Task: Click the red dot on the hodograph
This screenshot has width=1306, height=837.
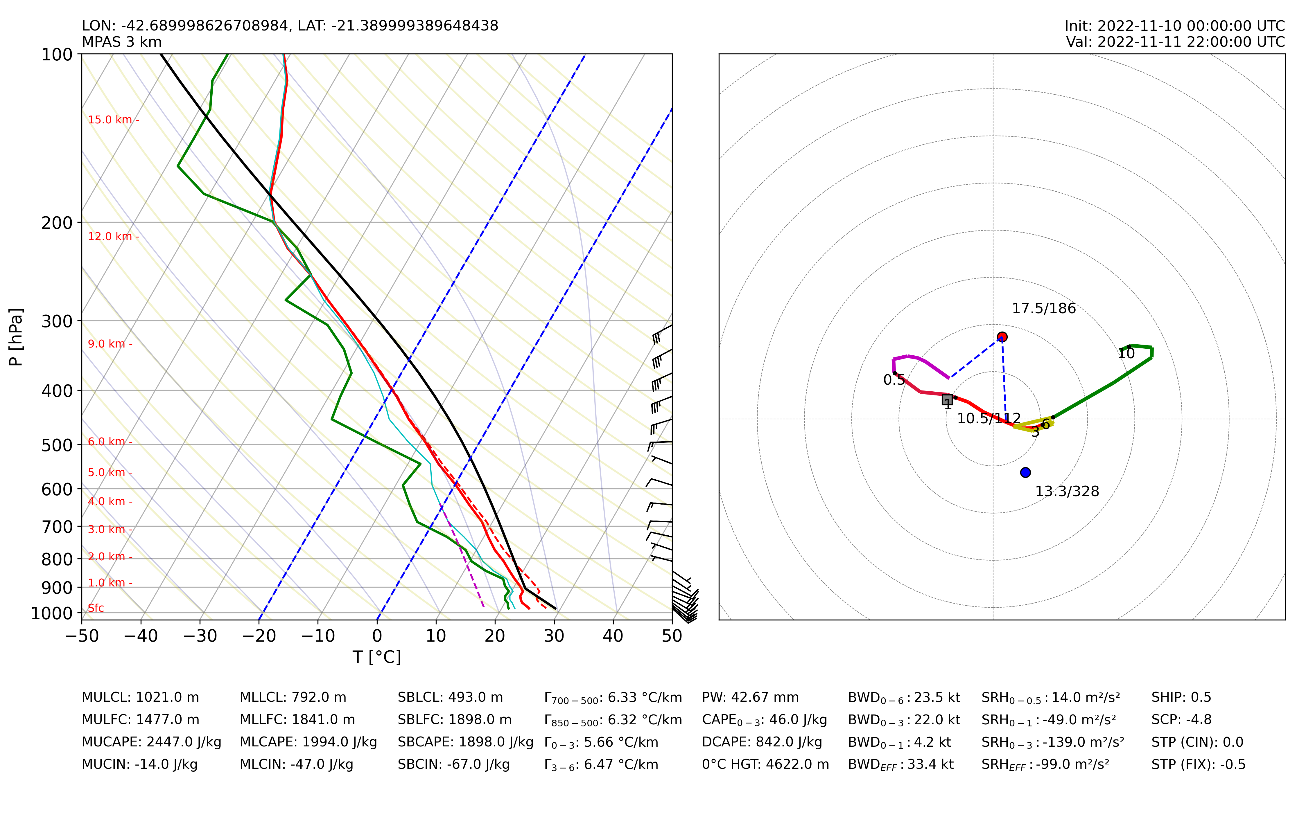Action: click(1002, 337)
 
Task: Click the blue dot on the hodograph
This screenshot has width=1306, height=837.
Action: click(1025, 472)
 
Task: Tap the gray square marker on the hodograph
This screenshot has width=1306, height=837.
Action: click(947, 400)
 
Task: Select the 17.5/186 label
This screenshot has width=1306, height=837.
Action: click(1044, 309)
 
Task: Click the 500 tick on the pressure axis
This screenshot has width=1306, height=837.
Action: click(57, 445)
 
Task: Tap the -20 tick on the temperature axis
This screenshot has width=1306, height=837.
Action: click(259, 636)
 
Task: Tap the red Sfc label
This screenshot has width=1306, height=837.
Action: click(96, 608)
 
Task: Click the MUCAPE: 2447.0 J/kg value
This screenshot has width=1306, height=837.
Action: click(152, 742)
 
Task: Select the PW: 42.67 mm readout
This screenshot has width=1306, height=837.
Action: click(750, 697)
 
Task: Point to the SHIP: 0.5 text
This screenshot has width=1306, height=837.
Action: click(1181, 697)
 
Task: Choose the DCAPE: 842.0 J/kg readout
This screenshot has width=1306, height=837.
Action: click(762, 742)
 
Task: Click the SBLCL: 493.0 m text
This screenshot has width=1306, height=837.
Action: click(450, 697)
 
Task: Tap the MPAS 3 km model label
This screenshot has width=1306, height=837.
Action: click(122, 42)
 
